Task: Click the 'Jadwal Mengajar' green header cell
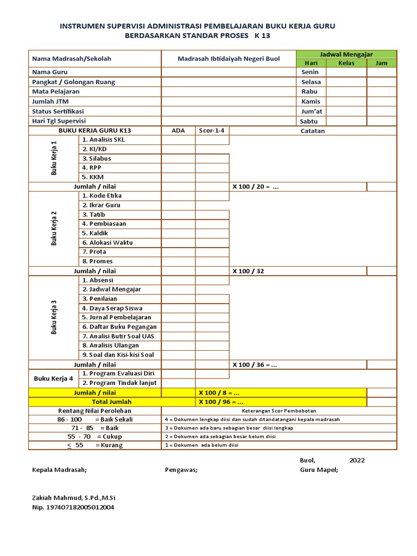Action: pos(346,54)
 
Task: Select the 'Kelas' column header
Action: pos(346,63)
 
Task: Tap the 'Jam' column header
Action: pos(381,63)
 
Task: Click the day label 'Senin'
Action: pos(310,72)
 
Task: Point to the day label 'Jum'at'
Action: pos(310,111)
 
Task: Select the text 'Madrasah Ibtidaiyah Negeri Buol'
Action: pos(229,59)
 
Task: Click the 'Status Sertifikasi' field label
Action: pos(59,111)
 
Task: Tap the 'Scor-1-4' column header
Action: pos(212,131)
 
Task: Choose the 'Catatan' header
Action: pos(313,131)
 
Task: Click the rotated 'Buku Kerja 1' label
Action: pos(54,159)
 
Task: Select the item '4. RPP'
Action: pos(92,168)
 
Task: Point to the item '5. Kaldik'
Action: pos(95,233)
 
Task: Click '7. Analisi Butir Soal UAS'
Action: pos(118,336)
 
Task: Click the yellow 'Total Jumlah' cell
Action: pos(95,402)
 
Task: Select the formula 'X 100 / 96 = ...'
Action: pos(219,402)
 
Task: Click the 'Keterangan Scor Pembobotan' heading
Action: pos(279,410)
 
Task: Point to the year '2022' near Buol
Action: pos(357,460)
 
